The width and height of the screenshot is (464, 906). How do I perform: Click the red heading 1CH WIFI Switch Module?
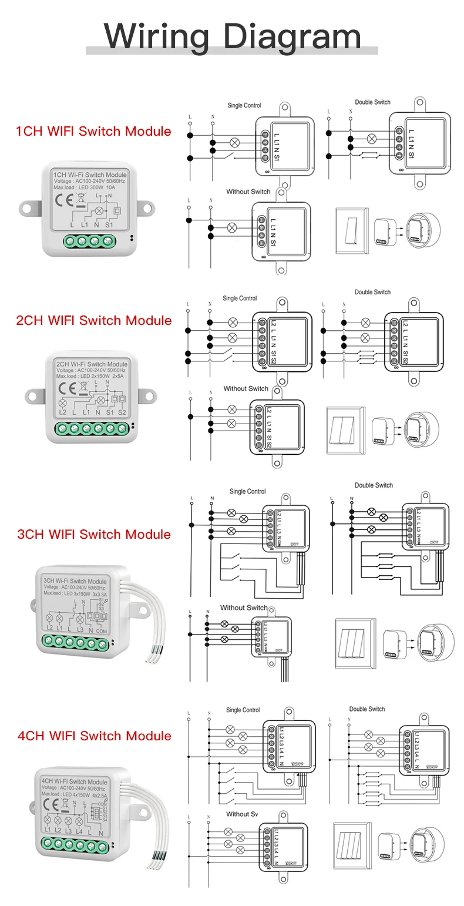(x=93, y=131)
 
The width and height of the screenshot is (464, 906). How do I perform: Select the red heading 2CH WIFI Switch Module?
(x=94, y=320)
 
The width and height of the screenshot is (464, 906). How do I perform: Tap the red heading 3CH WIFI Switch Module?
(x=94, y=534)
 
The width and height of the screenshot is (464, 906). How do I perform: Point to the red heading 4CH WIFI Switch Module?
(x=94, y=736)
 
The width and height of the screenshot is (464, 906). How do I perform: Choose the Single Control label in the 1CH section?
(x=244, y=106)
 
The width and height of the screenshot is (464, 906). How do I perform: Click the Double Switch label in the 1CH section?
(x=372, y=102)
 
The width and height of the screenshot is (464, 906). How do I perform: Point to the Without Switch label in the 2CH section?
(x=246, y=388)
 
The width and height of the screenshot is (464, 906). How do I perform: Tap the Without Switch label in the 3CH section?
(x=243, y=608)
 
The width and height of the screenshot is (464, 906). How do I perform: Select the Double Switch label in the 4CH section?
(x=367, y=709)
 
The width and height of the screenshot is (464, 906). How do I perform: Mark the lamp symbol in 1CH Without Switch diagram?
(x=232, y=227)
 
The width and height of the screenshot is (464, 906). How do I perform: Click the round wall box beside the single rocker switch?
(x=423, y=229)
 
